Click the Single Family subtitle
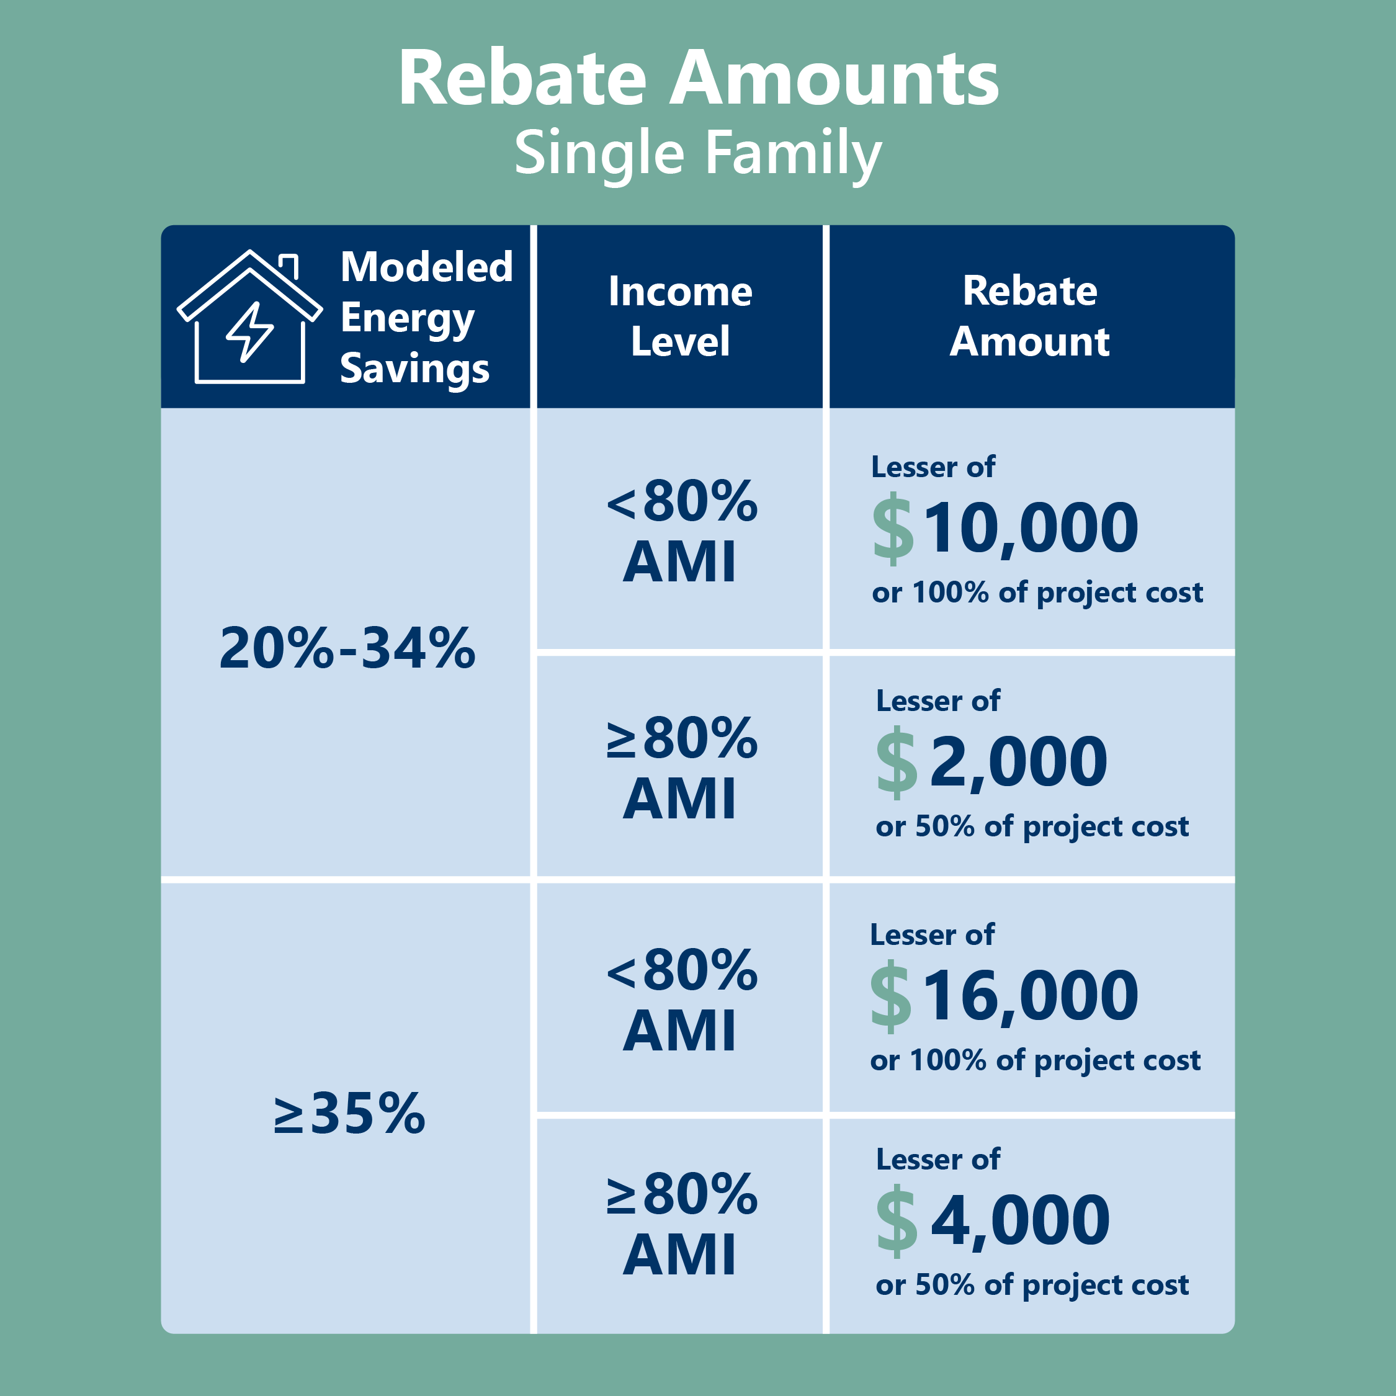pyautogui.click(x=698, y=154)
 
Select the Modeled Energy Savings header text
pyautogui.click(x=426, y=318)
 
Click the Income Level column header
pyautogui.click(x=680, y=316)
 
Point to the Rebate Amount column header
pyautogui.click(x=1030, y=316)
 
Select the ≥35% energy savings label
pyautogui.click(x=350, y=1112)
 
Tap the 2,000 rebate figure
pyautogui.click(x=1019, y=763)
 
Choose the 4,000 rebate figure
pyautogui.click(x=1020, y=1221)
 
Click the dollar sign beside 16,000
pyautogui.click(x=890, y=996)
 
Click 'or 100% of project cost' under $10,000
pyautogui.click(x=1037, y=593)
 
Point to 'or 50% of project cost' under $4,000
pyautogui.click(x=1032, y=1286)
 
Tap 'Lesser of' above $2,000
pyautogui.click(x=938, y=701)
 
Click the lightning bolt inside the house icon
pyautogui.click(x=250, y=332)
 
